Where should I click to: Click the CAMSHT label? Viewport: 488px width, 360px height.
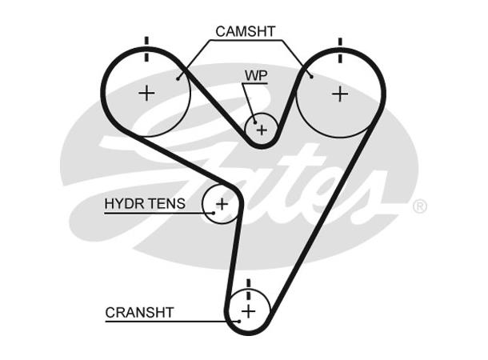click(x=245, y=32)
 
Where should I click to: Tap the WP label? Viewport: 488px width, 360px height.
click(x=255, y=75)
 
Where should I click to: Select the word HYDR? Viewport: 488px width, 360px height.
click(x=122, y=204)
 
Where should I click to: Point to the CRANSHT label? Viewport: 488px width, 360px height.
click(x=139, y=312)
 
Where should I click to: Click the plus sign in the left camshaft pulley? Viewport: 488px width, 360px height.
click(x=146, y=93)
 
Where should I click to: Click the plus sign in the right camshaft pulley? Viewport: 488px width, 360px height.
click(x=341, y=94)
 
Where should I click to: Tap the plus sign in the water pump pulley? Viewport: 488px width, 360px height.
click(x=261, y=129)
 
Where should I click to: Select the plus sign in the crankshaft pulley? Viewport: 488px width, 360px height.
click(x=248, y=310)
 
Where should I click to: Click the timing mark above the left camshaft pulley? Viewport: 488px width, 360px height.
click(x=146, y=49)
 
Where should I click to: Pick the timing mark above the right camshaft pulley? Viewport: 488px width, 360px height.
click(x=341, y=50)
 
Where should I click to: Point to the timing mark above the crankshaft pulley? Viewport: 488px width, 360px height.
click(x=249, y=286)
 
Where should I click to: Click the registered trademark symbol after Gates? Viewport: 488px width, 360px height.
click(x=419, y=206)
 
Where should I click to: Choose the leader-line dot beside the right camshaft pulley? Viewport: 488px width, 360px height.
click(x=310, y=78)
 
